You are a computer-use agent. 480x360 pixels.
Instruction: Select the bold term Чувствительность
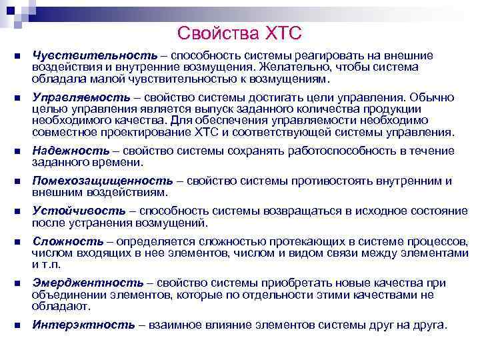coord(95,55)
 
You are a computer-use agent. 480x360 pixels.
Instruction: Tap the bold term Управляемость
coord(82,97)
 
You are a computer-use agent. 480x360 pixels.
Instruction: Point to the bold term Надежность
coord(71,151)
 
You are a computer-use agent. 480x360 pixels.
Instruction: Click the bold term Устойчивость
coord(78,211)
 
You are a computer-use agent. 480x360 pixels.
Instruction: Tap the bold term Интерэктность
coord(83,326)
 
